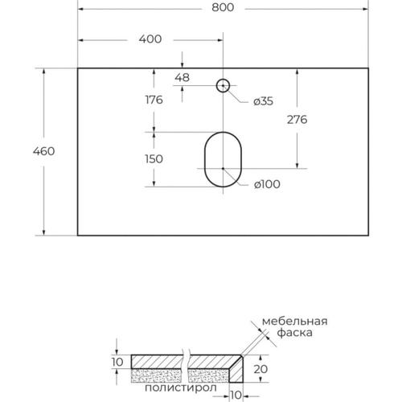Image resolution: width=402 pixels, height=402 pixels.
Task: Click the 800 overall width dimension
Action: (223, 7)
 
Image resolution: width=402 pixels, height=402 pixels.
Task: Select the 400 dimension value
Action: (150, 39)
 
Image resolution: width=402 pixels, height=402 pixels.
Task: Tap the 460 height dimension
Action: (44, 151)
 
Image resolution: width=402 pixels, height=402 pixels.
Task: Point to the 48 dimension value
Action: (183, 78)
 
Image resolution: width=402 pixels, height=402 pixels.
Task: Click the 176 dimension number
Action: (154, 100)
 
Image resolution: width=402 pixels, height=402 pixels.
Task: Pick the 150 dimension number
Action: (154, 159)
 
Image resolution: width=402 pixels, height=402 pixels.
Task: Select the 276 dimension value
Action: (297, 120)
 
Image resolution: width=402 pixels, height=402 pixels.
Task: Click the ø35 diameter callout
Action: (264, 101)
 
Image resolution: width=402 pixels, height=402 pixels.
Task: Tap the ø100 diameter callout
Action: (267, 184)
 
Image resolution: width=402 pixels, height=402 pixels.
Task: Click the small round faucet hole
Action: (223, 80)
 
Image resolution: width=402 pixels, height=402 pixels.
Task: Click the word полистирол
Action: (181, 388)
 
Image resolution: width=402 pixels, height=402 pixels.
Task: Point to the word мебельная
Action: (295, 321)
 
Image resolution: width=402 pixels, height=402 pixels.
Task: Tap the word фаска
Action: (294, 333)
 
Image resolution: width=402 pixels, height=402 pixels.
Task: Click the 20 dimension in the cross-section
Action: (260, 369)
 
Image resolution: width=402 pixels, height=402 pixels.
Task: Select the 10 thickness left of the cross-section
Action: (117, 362)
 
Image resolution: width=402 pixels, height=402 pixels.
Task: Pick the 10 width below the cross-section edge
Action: (236, 395)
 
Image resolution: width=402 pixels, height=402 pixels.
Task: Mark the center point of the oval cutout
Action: (223, 169)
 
